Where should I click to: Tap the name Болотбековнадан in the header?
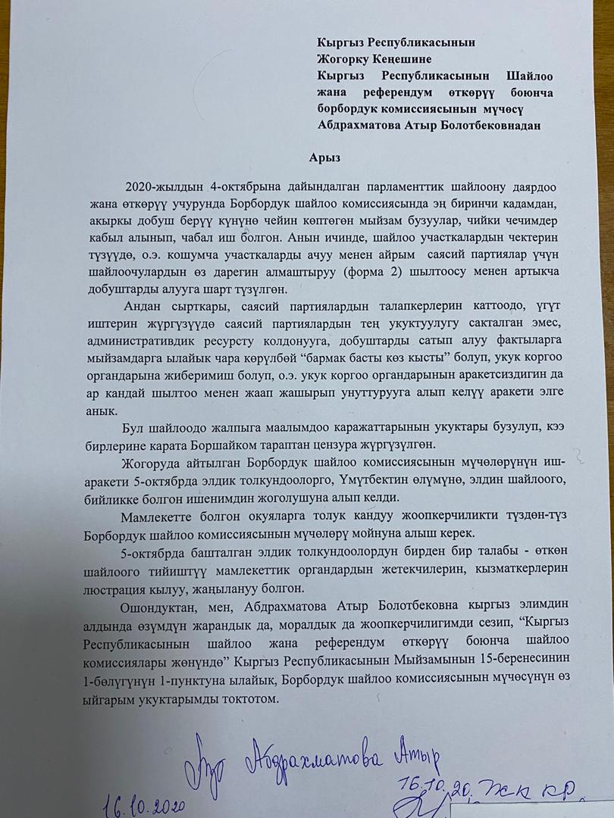[487, 125]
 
